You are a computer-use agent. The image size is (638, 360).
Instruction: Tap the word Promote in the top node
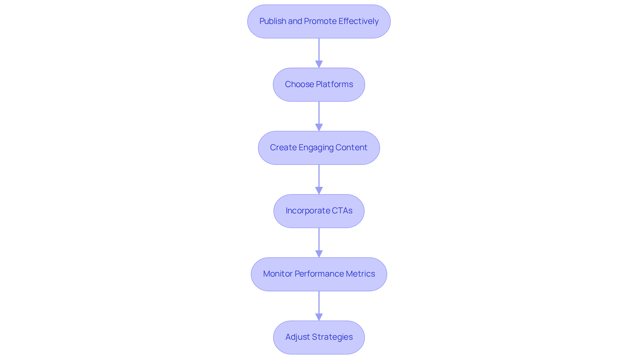(x=320, y=21)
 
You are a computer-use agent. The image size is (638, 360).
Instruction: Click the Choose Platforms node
(x=319, y=85)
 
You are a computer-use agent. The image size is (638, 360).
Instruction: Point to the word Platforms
(x=334, y=84)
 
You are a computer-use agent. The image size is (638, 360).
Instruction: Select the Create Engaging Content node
(x=319, y=148)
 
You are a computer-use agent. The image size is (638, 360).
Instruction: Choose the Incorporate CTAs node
(x=319, y=211)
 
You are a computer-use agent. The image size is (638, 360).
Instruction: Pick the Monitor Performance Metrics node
(x=319, y=274)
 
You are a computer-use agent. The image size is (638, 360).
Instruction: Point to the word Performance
(x=319, y=274)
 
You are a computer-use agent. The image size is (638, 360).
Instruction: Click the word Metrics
(x=360, y=274)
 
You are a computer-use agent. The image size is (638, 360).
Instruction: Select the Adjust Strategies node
(x=319, y=337)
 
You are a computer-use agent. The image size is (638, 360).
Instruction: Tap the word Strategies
(x=332, y=337)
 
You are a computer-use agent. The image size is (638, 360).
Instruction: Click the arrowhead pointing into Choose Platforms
(x=319, y=64)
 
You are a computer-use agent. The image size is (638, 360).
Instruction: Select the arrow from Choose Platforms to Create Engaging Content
(x=319, y=115)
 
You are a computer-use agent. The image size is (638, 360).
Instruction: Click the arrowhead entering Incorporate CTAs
(x=319, y=190)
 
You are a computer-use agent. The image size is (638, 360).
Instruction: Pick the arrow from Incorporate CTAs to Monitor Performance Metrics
(x=319, y=241)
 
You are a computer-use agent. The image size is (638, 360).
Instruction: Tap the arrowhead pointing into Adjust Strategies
(x=319, y=317)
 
